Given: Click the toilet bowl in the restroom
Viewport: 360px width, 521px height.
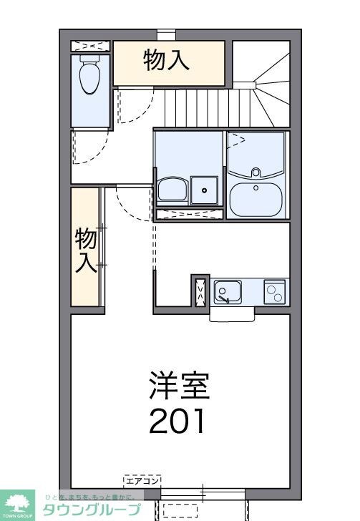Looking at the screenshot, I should (89, 77).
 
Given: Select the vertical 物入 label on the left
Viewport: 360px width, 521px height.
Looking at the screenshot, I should (85, 250).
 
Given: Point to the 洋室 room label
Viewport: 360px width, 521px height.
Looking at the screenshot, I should (179, 387).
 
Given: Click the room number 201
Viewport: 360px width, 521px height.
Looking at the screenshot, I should (177, 421).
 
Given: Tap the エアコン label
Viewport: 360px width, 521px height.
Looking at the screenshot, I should (142, 479).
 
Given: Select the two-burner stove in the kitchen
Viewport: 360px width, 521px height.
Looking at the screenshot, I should (275, 291).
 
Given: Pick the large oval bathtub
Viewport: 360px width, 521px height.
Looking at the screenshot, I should (256, 198).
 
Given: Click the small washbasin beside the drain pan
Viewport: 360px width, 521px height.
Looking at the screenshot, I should (172, 190).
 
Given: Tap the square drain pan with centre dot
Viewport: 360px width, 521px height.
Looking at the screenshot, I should (205, 190).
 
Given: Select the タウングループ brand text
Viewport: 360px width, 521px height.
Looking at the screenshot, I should (90, 510).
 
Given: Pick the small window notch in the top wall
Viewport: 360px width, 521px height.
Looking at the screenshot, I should (166, 33).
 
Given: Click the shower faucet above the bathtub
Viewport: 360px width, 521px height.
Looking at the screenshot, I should (256, 172).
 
